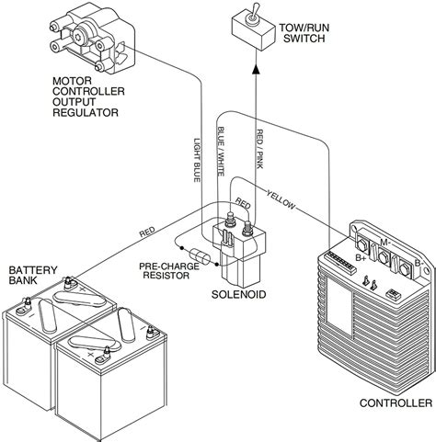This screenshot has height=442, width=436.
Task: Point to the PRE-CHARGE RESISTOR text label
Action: coord(171,272)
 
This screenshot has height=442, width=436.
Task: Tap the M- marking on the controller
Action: coord(383,243)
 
